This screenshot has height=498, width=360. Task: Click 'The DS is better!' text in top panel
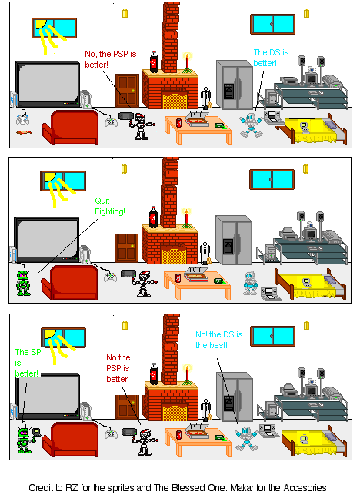point(271,58)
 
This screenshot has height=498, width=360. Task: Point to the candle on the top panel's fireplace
point(186,61)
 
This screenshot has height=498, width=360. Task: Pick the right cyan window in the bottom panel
point(272,336)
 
